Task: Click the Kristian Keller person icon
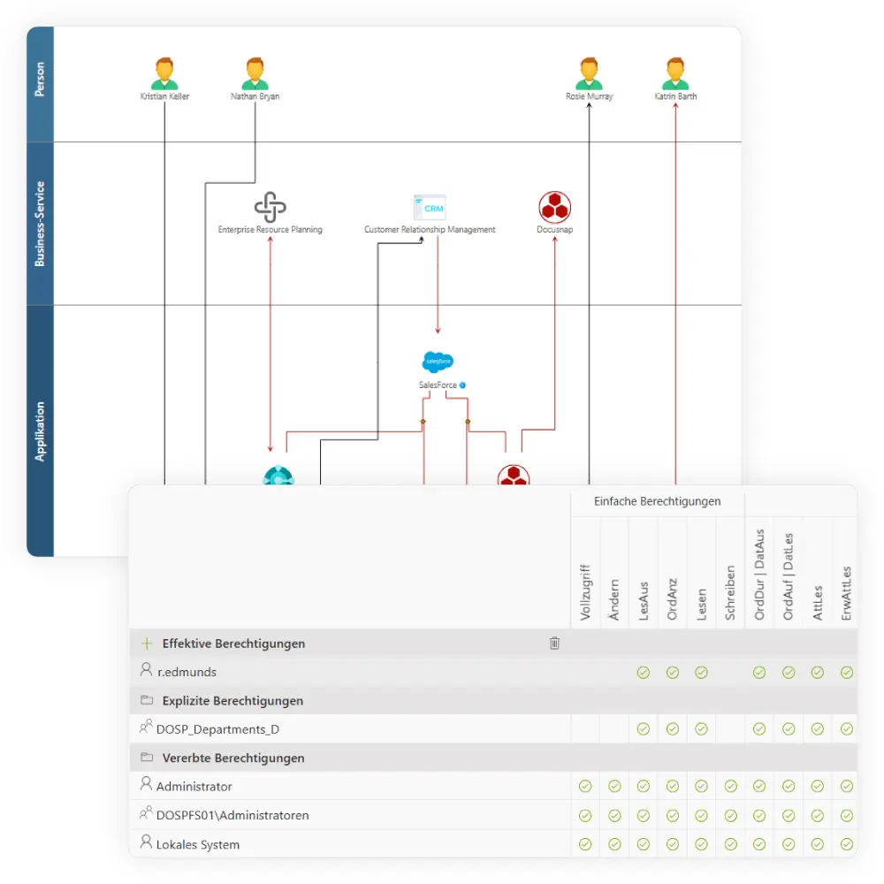(x=164, y=73)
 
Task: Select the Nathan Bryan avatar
(x=255, y=73)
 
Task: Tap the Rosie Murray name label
(x=589, y=96)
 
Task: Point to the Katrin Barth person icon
(x=675, y=73)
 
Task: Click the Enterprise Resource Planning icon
(x=270, y=208)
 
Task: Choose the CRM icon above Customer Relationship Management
(x=430, y=208)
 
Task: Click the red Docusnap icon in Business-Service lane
(x=555, y=208)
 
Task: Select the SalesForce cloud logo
(x=438, y=362)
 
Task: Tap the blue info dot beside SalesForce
(x=462, y=385)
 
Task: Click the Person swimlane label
(x=40, y=85)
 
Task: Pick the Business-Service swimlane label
(x=40, y=224)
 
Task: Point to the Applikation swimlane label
(x=40, y=431)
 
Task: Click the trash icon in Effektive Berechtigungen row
(x=554, y=644)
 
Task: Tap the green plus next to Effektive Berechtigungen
(x=147, y=644)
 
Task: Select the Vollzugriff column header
(x=584, y=592)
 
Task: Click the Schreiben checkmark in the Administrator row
(x=730, y=786)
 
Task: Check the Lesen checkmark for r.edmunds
(x=701, y=673)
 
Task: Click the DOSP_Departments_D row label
(x=217, y=729)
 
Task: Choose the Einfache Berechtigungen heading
(x=657, y=501)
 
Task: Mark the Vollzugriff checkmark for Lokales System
(x=584, y=844)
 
